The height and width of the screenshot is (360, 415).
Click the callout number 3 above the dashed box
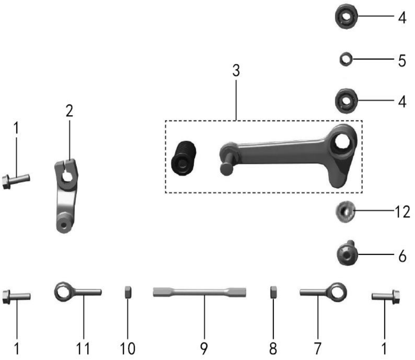(236, 71)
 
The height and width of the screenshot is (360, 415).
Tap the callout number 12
(402, 212)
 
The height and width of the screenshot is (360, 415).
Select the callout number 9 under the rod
(203, 348)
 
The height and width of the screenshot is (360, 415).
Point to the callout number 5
(402, 61)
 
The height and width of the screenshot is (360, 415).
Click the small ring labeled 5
(346, 59)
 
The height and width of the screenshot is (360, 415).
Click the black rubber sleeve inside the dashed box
(184, 158)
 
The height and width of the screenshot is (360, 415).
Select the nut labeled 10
(128, 292)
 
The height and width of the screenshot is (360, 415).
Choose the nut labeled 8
(273, 292)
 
